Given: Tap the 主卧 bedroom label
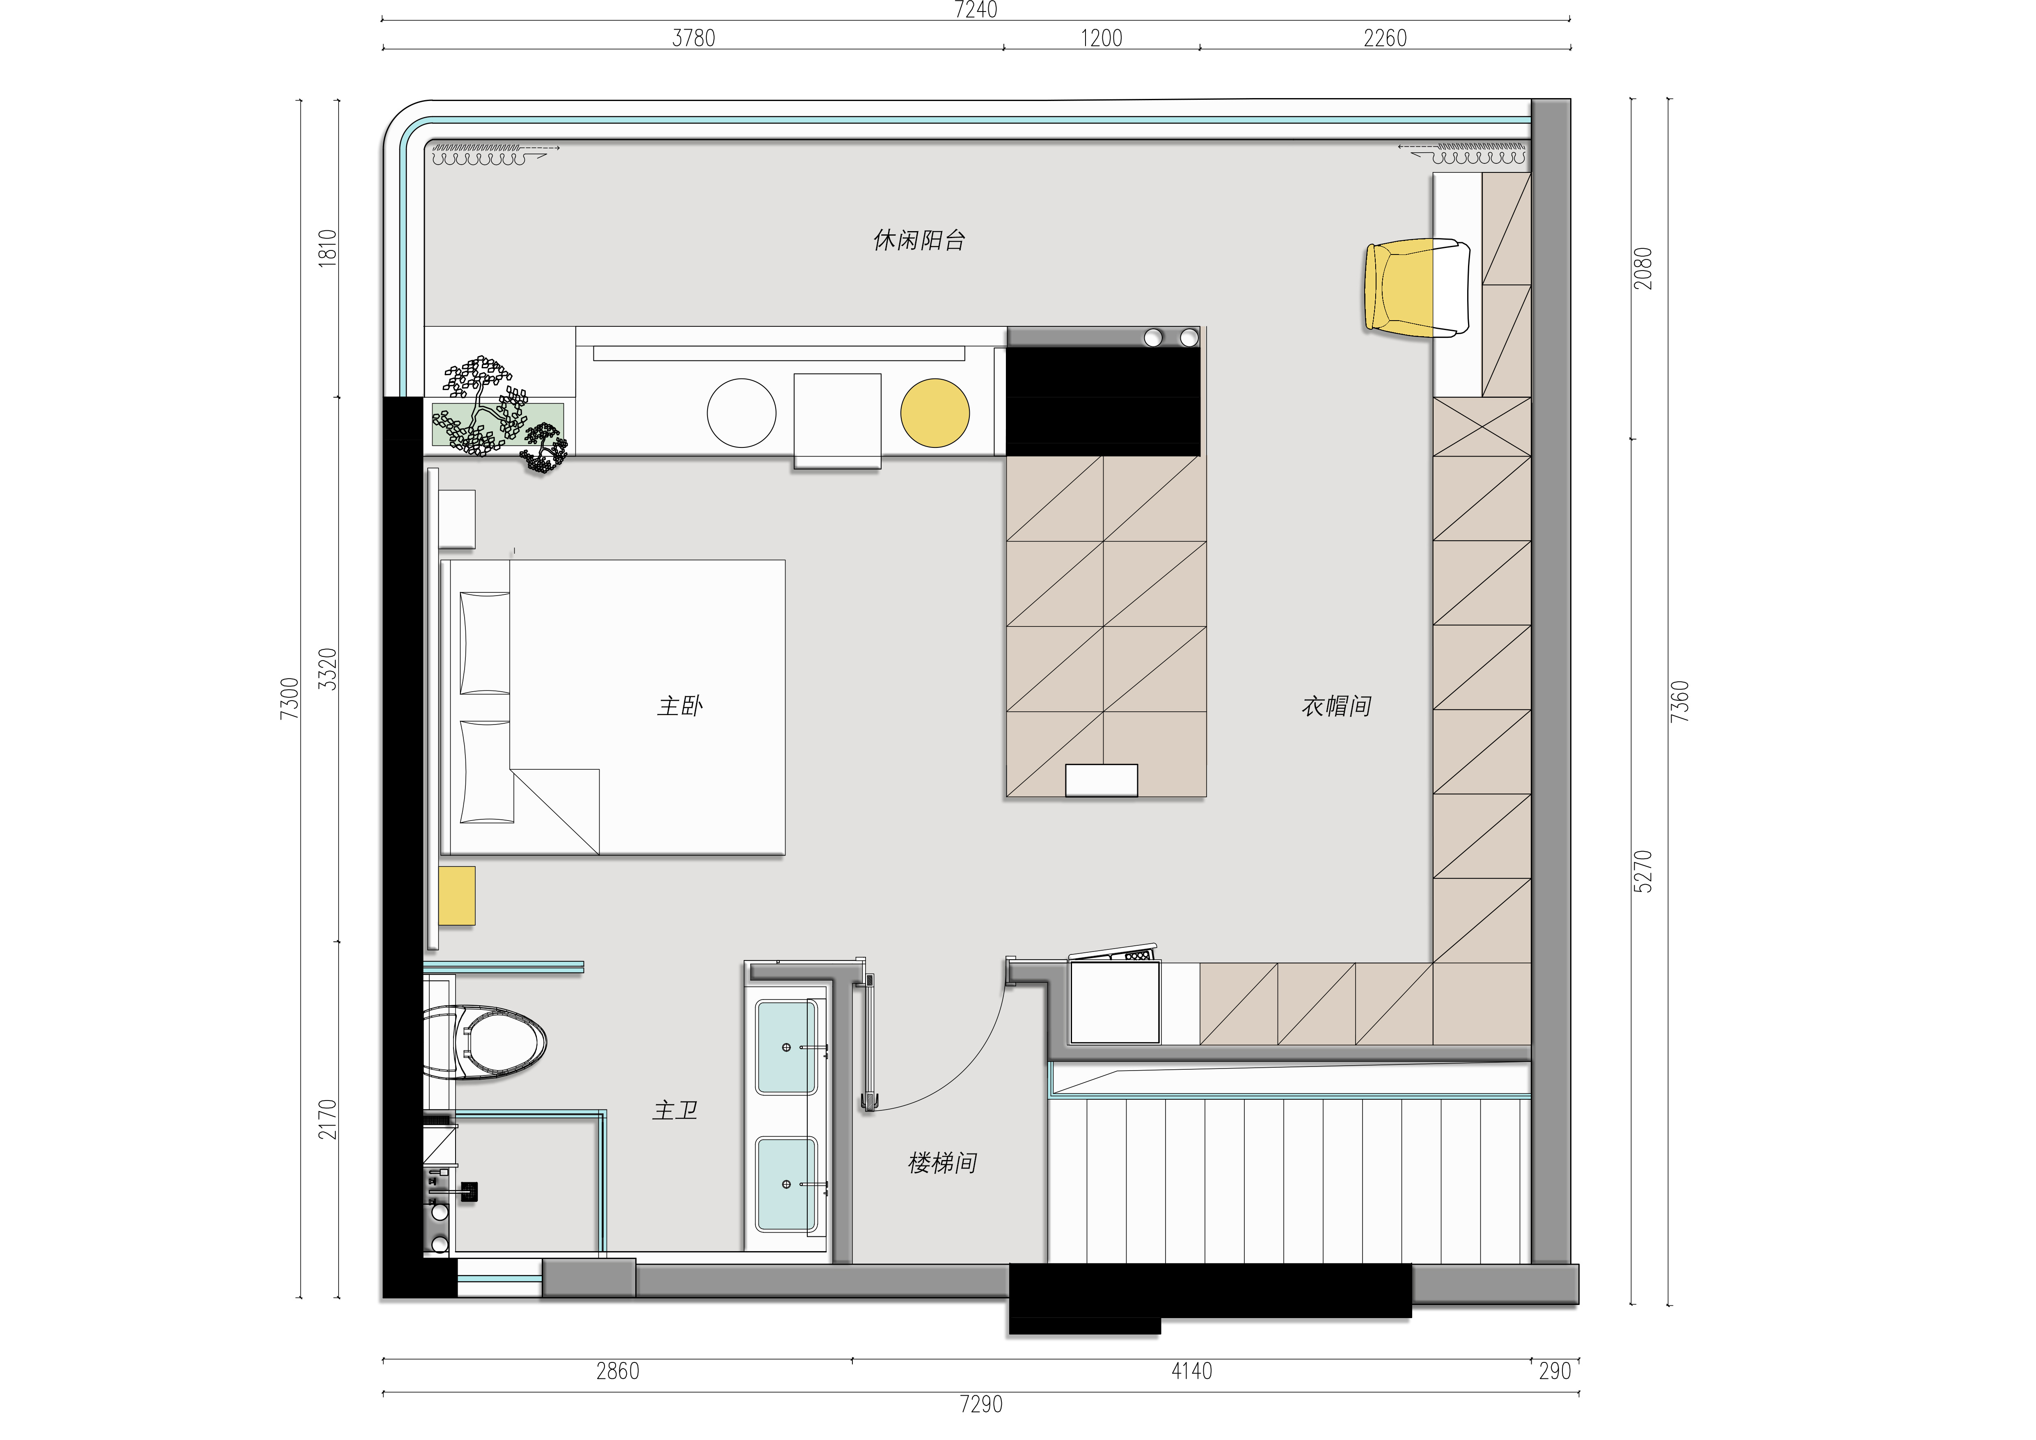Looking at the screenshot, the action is coord(680,706).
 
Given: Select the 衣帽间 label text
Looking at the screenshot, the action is coord(1336,706).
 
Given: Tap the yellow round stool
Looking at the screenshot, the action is coord(934,413).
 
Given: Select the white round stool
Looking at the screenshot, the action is coord(741,413).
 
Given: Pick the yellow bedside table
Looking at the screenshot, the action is coord(457,896).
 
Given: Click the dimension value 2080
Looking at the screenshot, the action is coord(1643,268).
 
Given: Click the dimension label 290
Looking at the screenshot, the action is coord(1555,1371).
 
